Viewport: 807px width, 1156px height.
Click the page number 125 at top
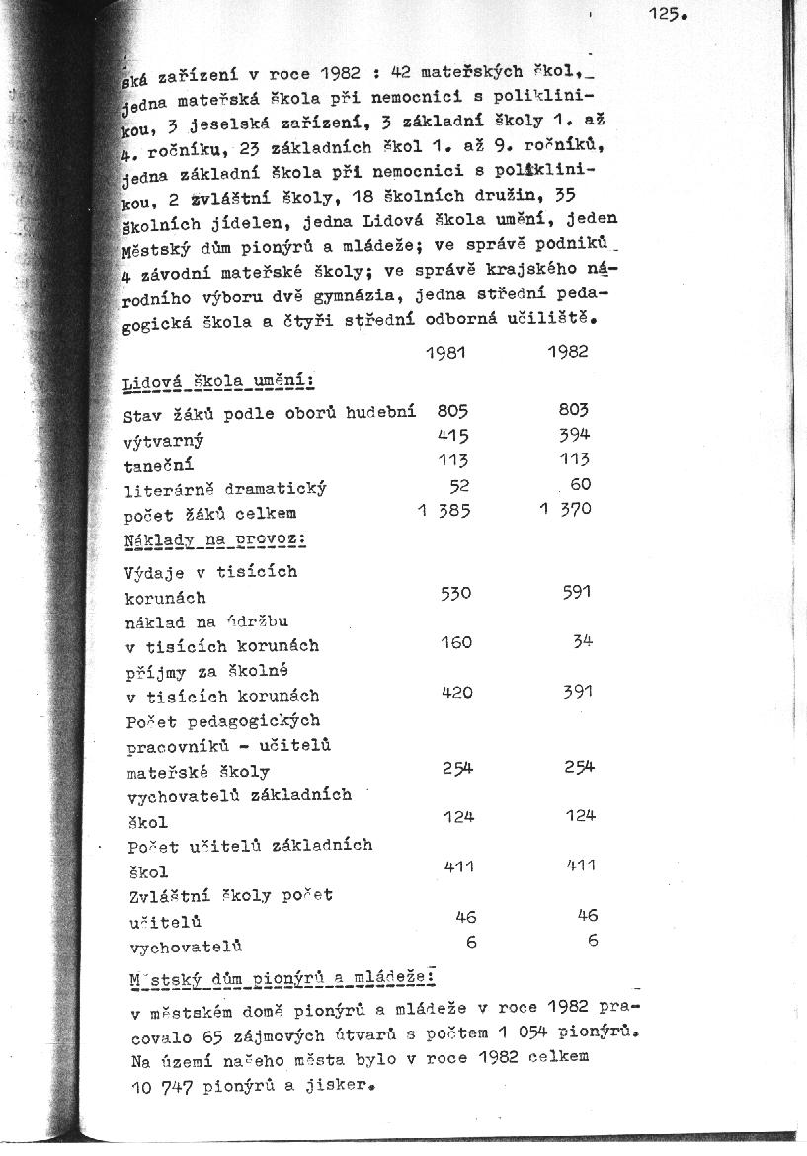[x=667, y=14]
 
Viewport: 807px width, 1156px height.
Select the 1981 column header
[x=445, y=353]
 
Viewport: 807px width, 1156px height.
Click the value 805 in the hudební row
[x=451, y=410]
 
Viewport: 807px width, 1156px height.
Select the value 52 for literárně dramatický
[x=459, y=486]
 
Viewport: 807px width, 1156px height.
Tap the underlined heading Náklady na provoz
[x=214, y=540]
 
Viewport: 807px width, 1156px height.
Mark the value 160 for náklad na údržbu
[x=455, y=642]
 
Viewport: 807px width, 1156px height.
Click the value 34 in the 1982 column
[x=582, y=642]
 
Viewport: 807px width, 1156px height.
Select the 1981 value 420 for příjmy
[x=456, y=693]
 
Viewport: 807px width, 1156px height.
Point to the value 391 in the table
[x=578, y=693]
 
